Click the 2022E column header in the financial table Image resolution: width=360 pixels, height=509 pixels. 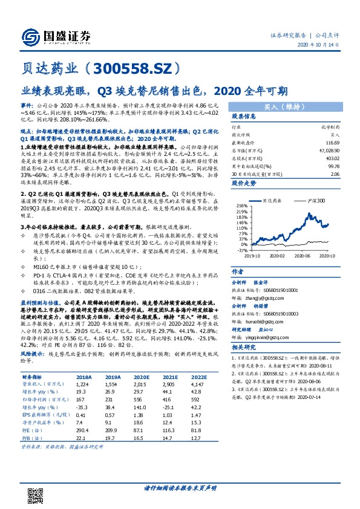(200, 375)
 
